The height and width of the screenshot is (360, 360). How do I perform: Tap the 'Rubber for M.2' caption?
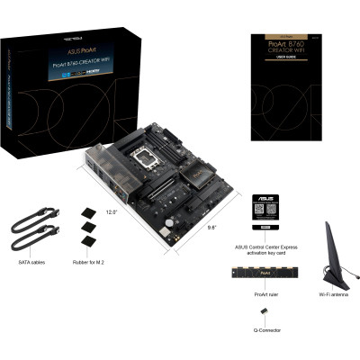(x=92, y=263)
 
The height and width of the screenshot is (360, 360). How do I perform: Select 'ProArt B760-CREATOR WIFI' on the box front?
(x=88, y=63)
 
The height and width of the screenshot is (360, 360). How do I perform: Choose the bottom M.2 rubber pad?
(x=88, y=242)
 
